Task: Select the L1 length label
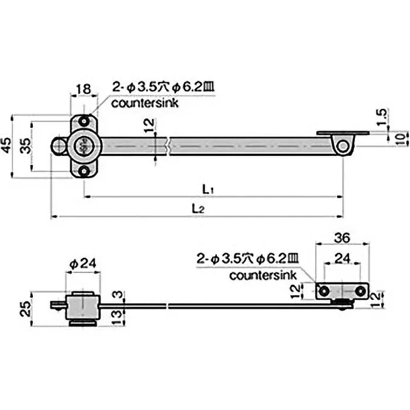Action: click(208, 189)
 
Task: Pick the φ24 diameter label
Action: click(82, 264)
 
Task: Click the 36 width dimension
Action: click(342, 238)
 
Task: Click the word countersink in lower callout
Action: click(263, 275)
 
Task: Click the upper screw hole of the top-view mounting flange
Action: click(83, 121)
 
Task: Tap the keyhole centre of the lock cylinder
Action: click(83, 147)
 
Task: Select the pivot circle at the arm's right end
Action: click(341, 147)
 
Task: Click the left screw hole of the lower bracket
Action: click(324, 291)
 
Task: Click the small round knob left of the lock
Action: click(58, 146)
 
